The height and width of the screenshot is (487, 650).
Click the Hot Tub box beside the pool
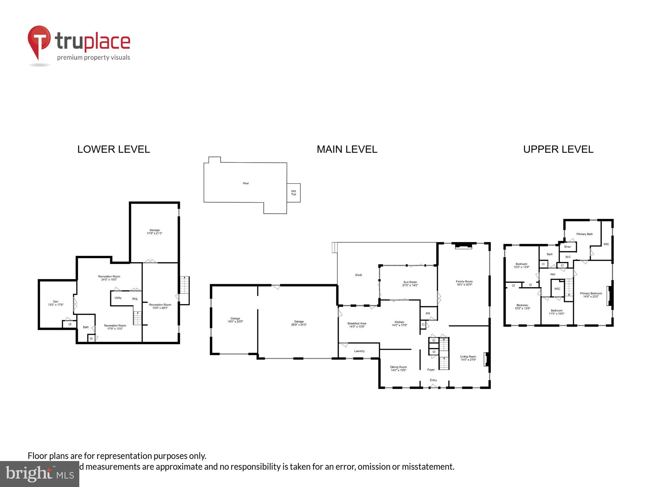point(293,193)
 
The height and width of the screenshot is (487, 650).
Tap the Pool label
point(246,183)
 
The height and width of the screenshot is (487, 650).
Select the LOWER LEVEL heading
point(113,149)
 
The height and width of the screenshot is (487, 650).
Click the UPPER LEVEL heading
point(558,149)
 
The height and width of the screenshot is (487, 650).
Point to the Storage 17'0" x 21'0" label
point(154,231)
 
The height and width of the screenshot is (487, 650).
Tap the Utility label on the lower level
point(118,298)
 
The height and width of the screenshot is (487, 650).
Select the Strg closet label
point(135,299)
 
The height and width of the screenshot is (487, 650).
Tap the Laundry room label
point(359,351)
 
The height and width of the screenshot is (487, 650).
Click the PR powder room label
point(428,314)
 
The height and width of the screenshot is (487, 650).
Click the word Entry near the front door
point(433,380)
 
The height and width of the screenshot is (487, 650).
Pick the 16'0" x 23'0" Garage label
point(235,320)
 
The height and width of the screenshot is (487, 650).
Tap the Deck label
point(358,275)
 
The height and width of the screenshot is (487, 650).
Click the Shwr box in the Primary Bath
point(567,247)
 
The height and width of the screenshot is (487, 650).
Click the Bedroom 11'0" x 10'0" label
point(556,312)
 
